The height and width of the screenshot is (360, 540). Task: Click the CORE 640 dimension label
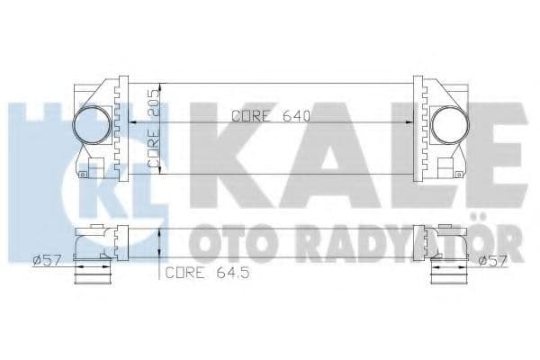pos(270,115)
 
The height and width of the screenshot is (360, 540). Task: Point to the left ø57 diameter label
pos(45,262)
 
